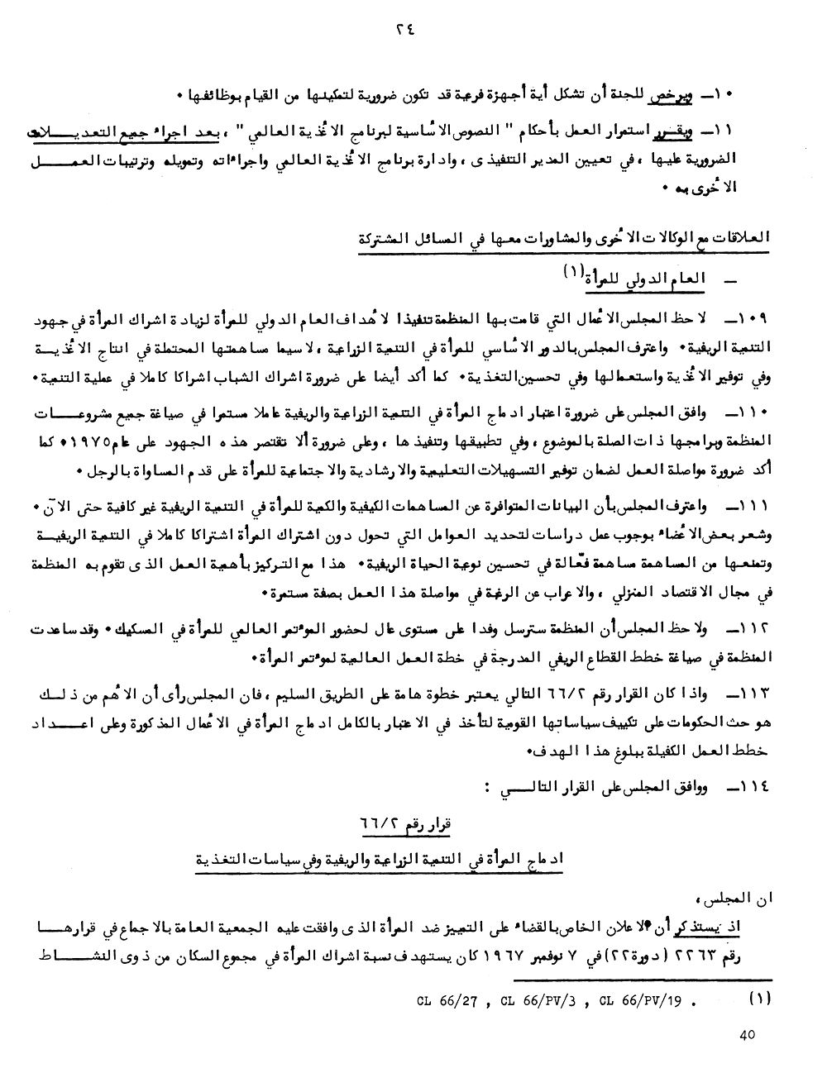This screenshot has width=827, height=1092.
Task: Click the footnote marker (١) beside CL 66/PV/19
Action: pos(759,998)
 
